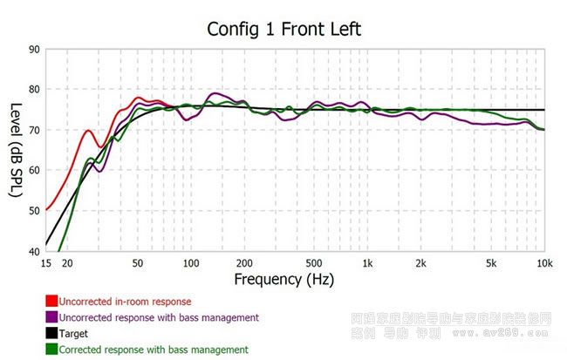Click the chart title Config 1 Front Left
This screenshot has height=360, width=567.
283,29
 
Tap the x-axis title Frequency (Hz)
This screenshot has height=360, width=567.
283,279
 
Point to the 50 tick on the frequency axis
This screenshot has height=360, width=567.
138,263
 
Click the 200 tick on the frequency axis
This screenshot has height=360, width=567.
244,263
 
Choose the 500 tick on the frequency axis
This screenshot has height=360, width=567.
315,263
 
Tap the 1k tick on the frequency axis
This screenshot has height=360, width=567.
368,263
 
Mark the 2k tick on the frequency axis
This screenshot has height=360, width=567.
421,263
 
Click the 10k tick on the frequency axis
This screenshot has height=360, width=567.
545,263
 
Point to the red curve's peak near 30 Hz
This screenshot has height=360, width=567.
88,131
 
